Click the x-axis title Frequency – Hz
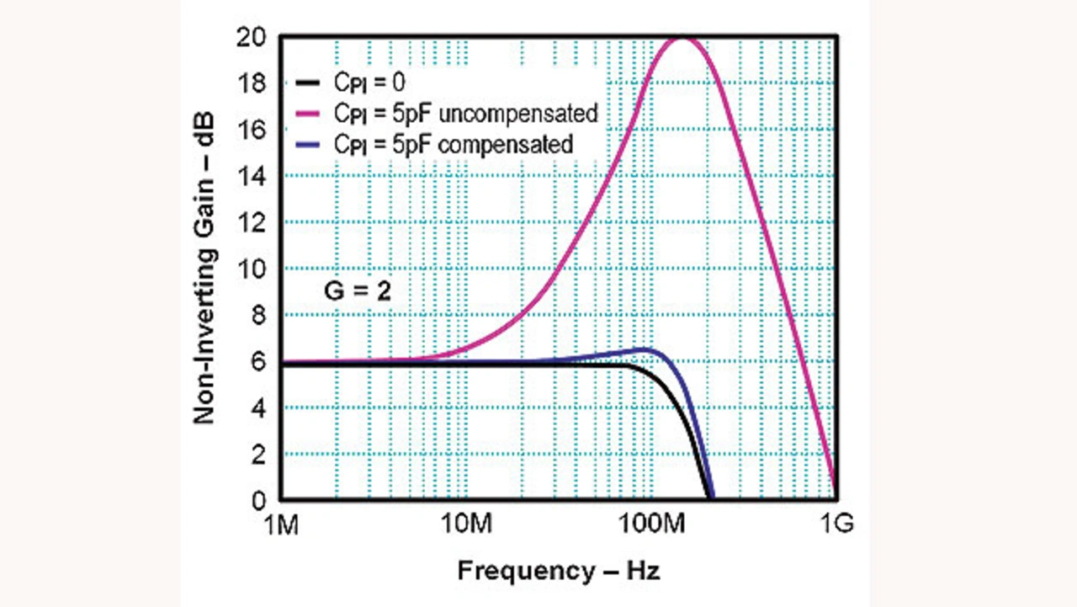(559, 571)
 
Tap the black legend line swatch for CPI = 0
(308, 83)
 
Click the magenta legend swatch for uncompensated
(308, 114)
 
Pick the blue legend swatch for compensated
(308, 144)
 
